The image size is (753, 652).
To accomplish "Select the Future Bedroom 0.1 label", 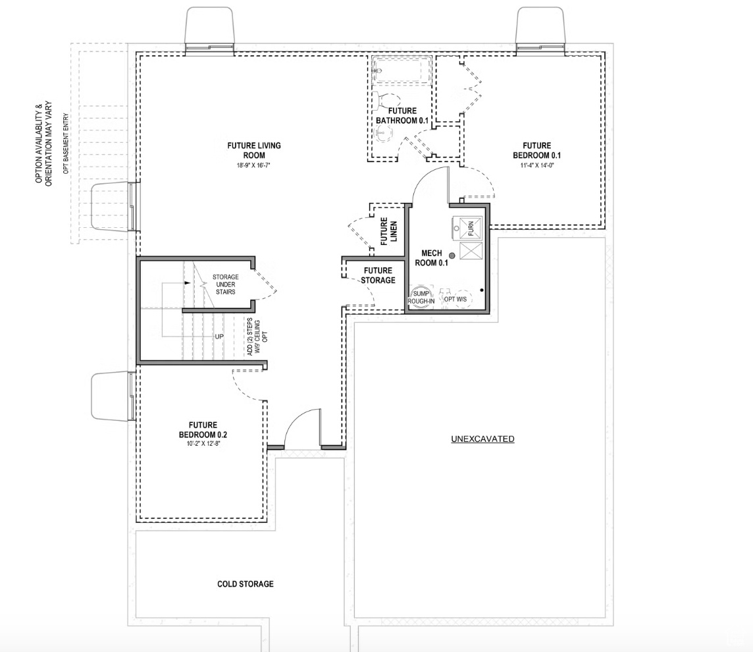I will tap(537, 150).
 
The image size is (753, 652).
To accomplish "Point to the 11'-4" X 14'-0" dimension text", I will tap(537, 165).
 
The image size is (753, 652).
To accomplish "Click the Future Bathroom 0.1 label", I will tap(402, 116).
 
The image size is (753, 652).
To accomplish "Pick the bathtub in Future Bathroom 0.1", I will tap(402, 70).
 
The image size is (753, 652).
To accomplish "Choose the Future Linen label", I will tap(388, 231).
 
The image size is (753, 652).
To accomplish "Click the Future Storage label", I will tap(378, 275).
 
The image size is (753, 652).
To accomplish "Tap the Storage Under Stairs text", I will tap(224, 284).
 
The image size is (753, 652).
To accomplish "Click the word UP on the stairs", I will tap(219, 337).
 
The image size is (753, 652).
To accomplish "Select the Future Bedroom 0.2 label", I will tap(203, 430).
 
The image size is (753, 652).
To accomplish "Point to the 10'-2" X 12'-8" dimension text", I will tap(203, 445).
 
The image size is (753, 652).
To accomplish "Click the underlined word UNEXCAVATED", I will tap(482, 439).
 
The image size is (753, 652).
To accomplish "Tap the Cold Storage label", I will tap(246, 584).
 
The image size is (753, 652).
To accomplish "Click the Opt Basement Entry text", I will tap(66, 139).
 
